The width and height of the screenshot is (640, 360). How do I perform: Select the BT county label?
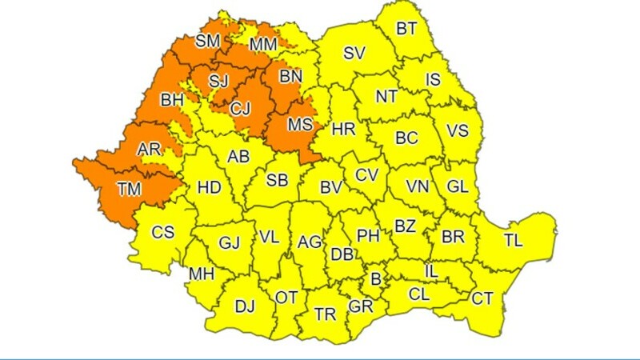(x=406, y=30)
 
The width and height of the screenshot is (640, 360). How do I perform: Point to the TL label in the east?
(x=514, y=239)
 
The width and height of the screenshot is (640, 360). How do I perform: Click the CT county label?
(x=482, y=298)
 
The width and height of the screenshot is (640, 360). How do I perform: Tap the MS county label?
(x=299, y=125)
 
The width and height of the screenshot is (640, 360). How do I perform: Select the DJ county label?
(x=245, y=305)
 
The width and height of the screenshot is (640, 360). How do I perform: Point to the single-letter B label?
(x=373, y=279)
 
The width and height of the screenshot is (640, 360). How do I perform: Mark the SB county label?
(x=277, y=181)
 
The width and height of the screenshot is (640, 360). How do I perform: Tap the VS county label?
(x=458, y=130)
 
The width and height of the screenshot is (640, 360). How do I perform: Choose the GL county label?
(x=458, y=187)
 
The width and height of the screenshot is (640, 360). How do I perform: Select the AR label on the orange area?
(x=149, y=150)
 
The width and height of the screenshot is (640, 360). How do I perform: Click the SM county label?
(x=207, y=40)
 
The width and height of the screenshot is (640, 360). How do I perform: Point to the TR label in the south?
(x=325, y=314)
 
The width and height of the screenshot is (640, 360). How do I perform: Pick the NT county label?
(x=386, y=96)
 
